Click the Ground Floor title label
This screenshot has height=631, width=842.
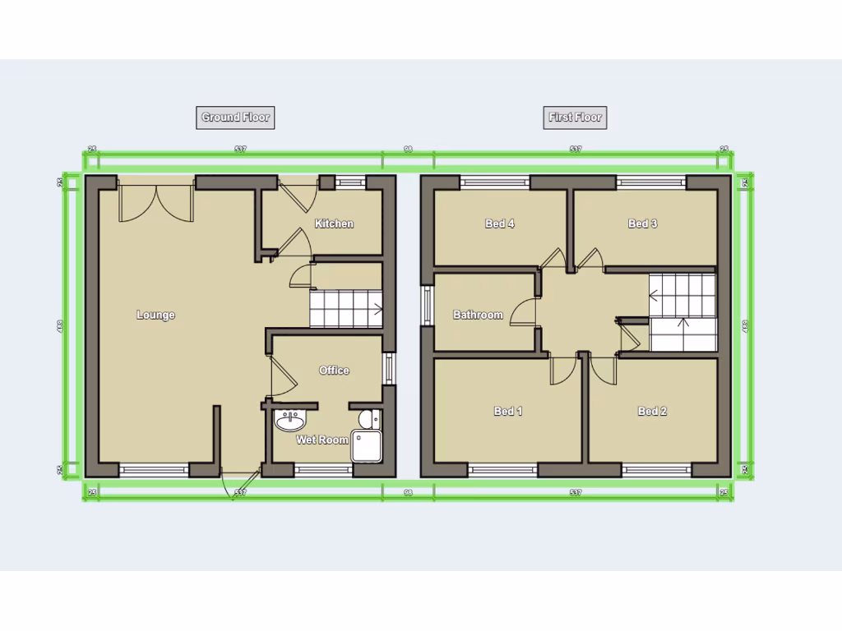(236, 117)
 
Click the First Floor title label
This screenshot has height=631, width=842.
(576, 117)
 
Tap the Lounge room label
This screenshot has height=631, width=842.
(155, 315)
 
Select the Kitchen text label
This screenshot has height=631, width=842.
(334, 223)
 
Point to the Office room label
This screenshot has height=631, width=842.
(334, 371)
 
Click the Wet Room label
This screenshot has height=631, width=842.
(322, 440)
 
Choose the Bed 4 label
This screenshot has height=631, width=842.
(500, 223)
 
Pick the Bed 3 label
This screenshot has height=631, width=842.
(642, 223)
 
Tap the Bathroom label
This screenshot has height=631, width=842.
(478, 315)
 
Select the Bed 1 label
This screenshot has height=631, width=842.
(508, 412)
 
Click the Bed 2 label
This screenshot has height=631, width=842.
(652, 412)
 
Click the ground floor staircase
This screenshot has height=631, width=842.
(345, 309)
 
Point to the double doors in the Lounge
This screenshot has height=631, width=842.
(155, 201)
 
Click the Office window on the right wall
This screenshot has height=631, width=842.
(389, 368)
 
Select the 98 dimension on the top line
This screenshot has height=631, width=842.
(408, 150)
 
